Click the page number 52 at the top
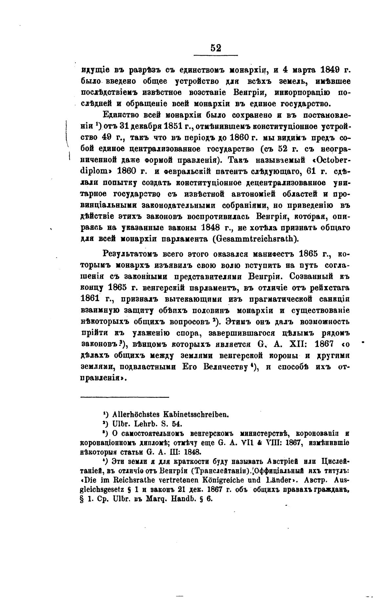tap(216, 48)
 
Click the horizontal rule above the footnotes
tap(125, 398)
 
